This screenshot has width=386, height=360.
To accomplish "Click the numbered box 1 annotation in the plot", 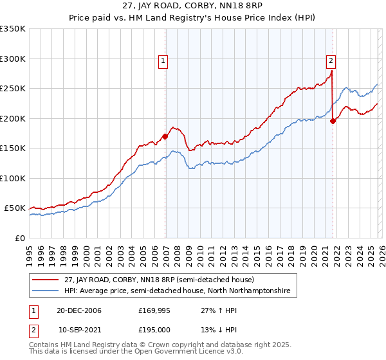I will click(163, 62).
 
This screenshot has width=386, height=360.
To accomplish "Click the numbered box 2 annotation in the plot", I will click(331, 62).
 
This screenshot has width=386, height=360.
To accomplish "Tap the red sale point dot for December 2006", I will click(165, 136).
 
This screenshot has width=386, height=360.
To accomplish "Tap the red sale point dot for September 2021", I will click(333, 121).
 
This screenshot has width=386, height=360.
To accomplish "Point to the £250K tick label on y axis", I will click(13, 89).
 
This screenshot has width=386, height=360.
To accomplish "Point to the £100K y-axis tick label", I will click(13, 178).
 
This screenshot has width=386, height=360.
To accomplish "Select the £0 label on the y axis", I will click(19, 238).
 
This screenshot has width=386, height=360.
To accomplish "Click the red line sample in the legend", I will click(46, 280).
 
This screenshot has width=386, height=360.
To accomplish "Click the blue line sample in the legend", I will click(46, 291).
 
